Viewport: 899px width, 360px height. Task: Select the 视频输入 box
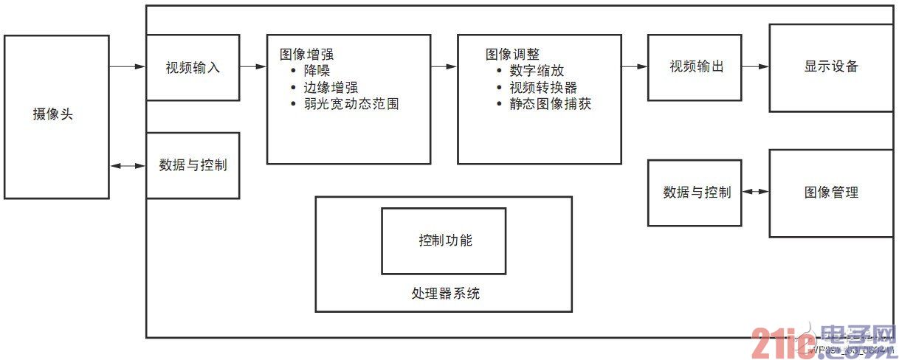click(x=193, y=67)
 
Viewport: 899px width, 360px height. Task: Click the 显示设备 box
click(x=832, y=66)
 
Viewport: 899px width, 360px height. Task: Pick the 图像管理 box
click(x=832, y=193)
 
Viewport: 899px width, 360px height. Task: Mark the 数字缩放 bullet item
click(x=537, y=71)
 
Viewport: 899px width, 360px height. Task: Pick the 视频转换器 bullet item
click(x=543, y=88)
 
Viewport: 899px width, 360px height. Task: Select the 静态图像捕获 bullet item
click(x=551, y=105)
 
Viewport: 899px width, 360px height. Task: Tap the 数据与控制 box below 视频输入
click(x=193, y=165)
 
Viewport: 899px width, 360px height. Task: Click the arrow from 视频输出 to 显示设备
click(x=755, y=66)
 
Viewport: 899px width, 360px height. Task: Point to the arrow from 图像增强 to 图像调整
click(x=444, y=66)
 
